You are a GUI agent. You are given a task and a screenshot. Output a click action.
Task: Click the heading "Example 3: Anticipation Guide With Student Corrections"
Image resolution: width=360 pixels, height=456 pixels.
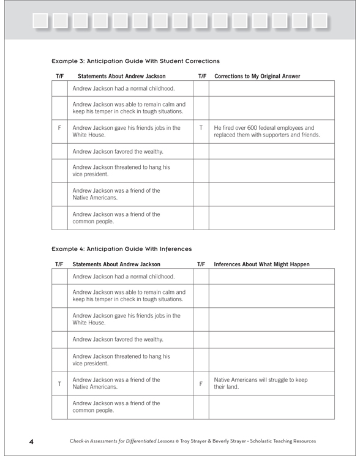coord(135,61)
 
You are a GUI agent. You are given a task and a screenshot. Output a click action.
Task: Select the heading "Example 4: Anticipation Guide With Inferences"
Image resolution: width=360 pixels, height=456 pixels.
coord(122,249)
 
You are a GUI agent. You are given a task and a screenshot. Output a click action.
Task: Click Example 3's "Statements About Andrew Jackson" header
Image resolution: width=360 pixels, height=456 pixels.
coord(119,77)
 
